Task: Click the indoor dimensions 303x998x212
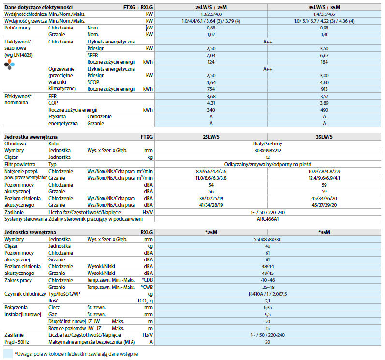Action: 267,151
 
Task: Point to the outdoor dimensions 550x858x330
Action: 267,239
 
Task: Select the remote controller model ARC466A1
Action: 267,219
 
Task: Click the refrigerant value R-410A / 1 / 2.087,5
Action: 267,294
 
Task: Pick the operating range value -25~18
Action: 267,287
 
